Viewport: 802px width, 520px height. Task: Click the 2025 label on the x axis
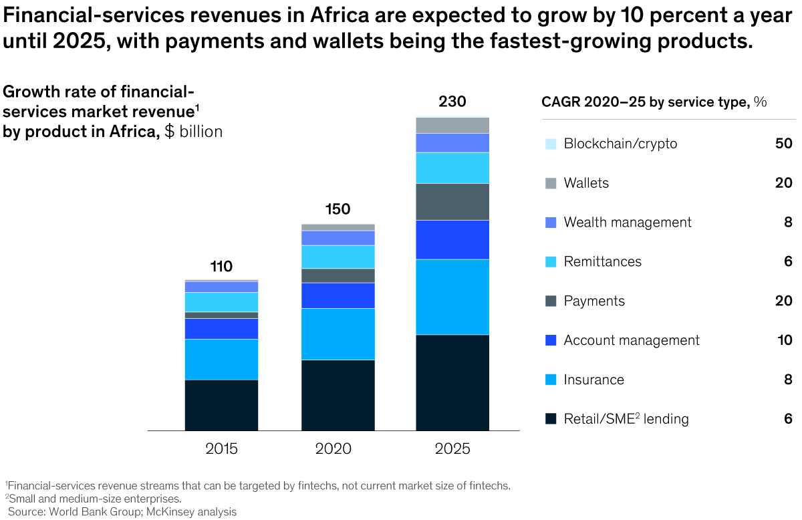(452, 448)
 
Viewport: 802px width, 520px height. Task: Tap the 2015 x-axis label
(221, 448)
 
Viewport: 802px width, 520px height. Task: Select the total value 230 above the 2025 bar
(452, 102)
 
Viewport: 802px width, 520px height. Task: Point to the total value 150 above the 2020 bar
(338, 209)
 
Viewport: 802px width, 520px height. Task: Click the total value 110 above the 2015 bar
(221, 267)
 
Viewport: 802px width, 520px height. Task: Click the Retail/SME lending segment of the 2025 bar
(452, 382)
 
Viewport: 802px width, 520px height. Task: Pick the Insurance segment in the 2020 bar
(338, 334)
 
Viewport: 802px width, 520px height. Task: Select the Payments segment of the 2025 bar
(452, 201)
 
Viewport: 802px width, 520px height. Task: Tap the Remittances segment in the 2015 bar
(221, 301)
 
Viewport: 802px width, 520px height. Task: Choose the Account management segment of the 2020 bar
(338, 295)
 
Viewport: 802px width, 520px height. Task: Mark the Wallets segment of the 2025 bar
(452, 125)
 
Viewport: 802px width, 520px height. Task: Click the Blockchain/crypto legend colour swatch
(551, 144)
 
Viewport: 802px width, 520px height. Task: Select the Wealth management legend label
(628, 223)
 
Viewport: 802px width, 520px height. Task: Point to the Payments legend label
(594, 301)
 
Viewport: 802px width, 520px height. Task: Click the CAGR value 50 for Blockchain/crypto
(784, 144)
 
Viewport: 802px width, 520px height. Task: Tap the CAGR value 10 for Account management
(784, 340)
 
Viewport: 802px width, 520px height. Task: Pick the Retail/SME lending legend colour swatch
(551, 419)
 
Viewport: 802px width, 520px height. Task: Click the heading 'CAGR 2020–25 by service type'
(645, 102)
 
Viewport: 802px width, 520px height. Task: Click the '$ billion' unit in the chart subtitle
(193, 132)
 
